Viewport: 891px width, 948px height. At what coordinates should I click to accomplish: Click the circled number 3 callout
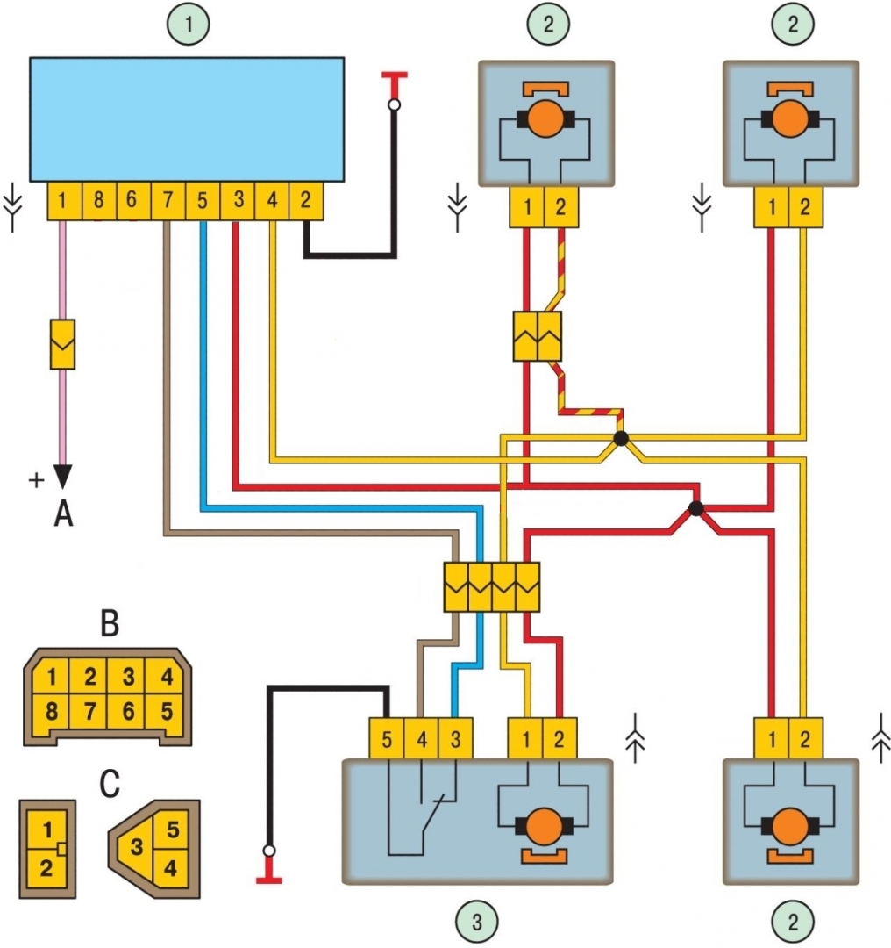pos(475,921)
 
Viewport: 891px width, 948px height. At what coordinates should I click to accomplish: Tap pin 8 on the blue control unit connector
pos(98,201)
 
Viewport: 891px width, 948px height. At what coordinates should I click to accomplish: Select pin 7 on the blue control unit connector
pos(168,201)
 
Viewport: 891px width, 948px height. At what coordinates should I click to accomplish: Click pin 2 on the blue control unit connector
pos(306,201)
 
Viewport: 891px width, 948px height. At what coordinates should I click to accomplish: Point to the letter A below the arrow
pos(63,514)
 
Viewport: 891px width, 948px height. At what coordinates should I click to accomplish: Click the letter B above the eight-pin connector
pos(110,624)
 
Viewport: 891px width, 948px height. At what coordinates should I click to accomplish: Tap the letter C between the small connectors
pos(109,784)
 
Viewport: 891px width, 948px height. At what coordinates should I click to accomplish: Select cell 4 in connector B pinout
pos(166,678)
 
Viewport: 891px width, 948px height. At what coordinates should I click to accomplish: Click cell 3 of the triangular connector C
pos(136,849)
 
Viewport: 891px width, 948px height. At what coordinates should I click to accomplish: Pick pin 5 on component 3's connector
pos(387,739)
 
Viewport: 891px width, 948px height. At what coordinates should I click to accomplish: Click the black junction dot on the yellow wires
pos(621,438)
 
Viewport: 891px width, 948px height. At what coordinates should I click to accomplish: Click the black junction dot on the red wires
pos(696,508)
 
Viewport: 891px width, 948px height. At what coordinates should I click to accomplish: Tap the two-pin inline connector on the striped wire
pos(536,336)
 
